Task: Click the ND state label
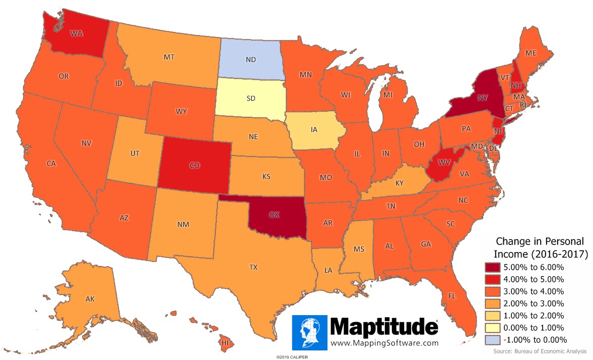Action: (x=250, y=59)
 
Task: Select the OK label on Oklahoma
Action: (x=274, y=214)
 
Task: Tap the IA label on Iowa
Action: (x=314, y=130)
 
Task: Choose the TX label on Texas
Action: (x=253, y=267)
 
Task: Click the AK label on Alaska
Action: (x=90, y=299)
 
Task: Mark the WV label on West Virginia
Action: (x=443, y=163)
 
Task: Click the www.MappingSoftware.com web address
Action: (x=384, y=343)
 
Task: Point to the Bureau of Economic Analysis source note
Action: (x=541, y=351)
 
